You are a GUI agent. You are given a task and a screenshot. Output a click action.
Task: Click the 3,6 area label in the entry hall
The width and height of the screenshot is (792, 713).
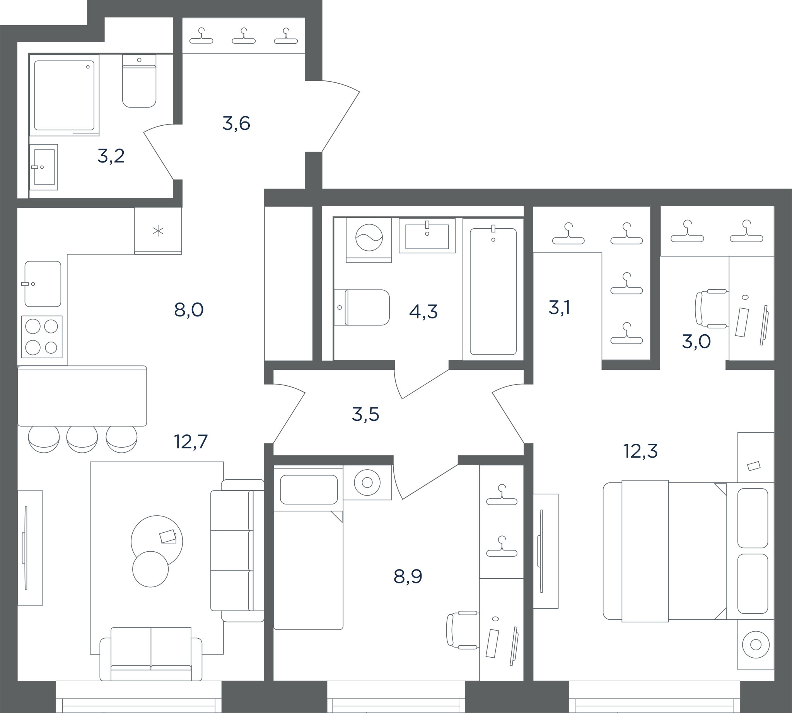point(236,123)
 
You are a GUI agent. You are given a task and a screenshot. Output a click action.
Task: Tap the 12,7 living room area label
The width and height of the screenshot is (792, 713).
point(191,441)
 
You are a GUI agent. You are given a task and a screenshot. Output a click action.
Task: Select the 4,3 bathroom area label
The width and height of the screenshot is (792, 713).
point(423,311)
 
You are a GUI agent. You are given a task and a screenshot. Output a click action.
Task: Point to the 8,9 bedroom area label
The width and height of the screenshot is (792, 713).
point(408,577)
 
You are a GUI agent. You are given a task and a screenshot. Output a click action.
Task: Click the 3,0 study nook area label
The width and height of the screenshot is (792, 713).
point(696,342)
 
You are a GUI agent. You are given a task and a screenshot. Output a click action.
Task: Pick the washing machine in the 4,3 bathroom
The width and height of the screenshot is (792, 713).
point(369,240)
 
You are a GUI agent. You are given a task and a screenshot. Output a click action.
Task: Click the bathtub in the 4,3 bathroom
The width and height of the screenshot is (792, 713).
point(493,290)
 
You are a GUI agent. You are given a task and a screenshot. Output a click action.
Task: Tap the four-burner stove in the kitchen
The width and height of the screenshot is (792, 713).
point(42,337)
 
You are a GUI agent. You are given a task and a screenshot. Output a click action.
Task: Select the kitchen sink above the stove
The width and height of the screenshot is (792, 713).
point(43,284)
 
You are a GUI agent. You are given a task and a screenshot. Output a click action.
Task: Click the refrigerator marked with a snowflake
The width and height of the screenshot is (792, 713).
point(158,231)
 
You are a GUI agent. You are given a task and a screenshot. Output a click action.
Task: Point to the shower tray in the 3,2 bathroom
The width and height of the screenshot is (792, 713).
point(64,95)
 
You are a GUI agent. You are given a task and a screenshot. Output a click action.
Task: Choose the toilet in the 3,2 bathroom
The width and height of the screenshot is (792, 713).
point(139,81)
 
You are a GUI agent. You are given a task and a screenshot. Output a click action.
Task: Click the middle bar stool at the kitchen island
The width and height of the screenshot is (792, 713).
point(82,439)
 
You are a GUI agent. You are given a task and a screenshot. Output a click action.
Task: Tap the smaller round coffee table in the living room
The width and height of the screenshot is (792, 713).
point(150,569)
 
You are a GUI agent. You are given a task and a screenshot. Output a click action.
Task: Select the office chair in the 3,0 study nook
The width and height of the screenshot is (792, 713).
point(711,309)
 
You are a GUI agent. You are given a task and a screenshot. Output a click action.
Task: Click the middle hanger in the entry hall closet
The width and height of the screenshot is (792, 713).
point(244,36)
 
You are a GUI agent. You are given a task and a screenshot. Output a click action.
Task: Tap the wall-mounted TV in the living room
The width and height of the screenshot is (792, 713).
point(25,548)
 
